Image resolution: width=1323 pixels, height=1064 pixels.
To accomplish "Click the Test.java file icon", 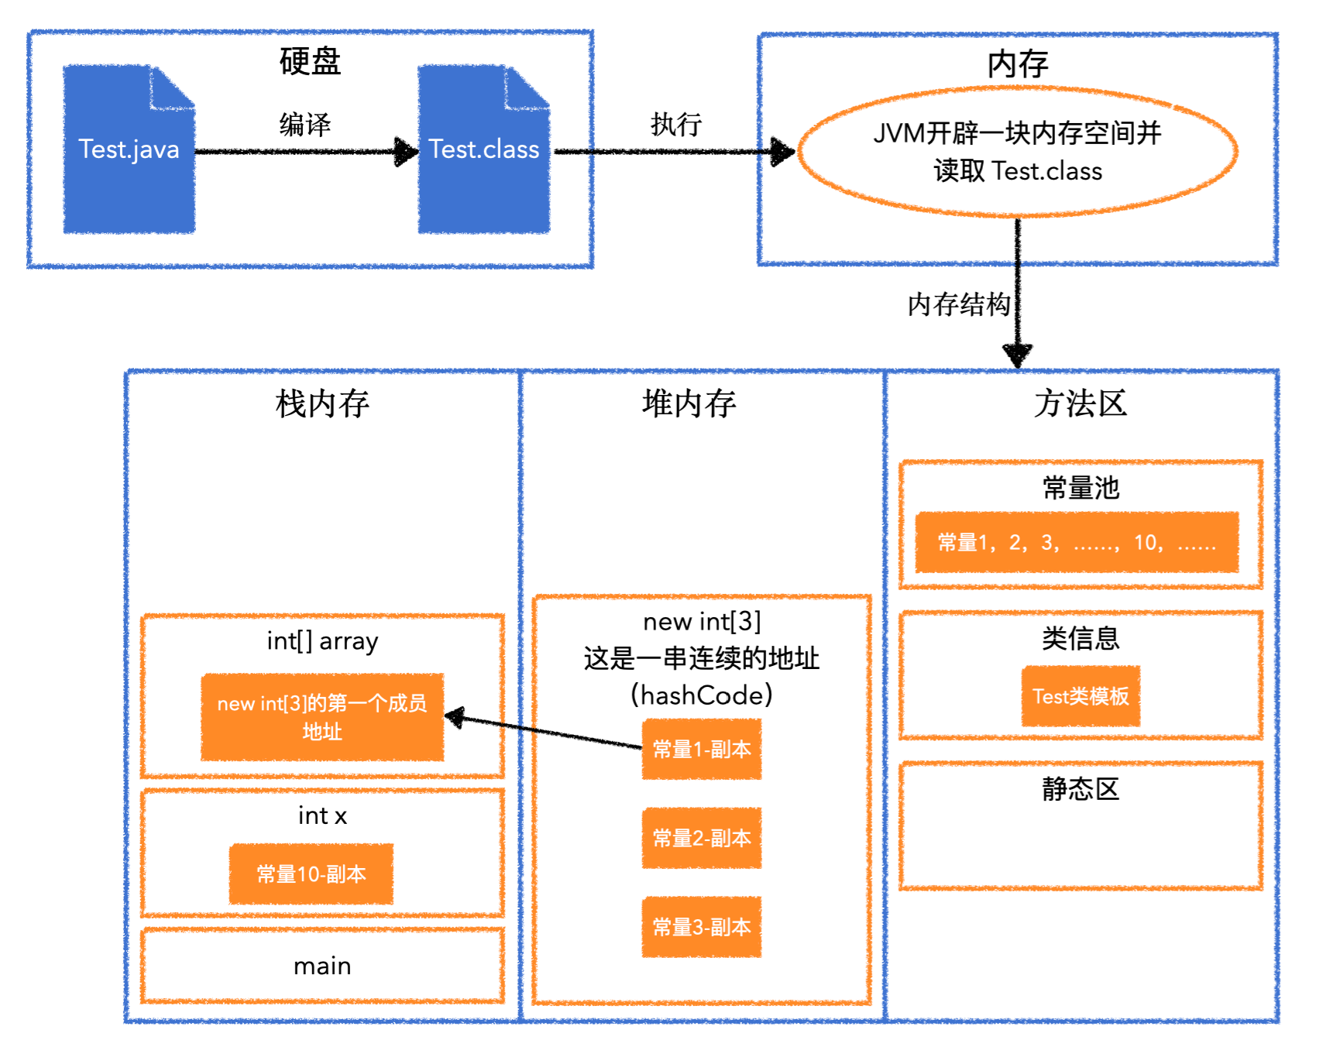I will pyautogui.click(x=129, y=150).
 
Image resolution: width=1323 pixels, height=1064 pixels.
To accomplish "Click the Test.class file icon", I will pyautogui.click(x=483, y=150).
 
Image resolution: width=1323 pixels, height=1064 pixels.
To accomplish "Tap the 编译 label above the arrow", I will pyautogui.click(x=305, y=124).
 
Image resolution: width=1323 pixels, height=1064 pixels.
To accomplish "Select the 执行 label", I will pyautogui.click(x=675, y=124).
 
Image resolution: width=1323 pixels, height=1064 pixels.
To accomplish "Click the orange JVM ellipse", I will pyautogui.click(x=1017, y=152).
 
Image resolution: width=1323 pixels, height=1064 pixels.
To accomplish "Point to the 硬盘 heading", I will pyautogui.click(x=310, y=61).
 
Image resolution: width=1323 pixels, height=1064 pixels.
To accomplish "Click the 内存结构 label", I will pyautogui.click(x=958, y=304).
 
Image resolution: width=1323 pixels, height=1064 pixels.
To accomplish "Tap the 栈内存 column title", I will pyautogui.click(x=322, y=403).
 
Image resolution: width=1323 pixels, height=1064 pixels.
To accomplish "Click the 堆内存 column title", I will pyautogui.click(x=689, y=403).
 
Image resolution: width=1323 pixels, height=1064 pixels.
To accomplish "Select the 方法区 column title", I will pyautogui.click(x=1080, y=403).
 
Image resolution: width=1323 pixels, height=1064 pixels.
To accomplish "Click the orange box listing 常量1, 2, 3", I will pyautogui.click(x=1076, y=542).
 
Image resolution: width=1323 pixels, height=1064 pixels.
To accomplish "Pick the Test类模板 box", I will pyautogui.click(x=1080, y=696).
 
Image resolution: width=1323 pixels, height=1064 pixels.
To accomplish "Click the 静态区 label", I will pyautogui.click(x=1080, y=789).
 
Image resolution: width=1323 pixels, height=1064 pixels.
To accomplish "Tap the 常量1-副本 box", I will pyautogui.click(x=701, y=749).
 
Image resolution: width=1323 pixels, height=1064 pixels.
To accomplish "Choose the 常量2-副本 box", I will pyautogui.click(x=701, y=838).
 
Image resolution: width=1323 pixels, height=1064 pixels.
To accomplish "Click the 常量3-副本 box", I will pyautogui.click(x=701, y=927).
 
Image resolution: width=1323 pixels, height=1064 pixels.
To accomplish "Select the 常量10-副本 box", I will pyautogui.click(x=311, y=874).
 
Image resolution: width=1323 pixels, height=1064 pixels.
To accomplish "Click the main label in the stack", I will pyautogui.click(x=322, y=966).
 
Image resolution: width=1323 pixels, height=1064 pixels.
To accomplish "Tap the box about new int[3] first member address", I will pyautogui.click(x=322, y=717).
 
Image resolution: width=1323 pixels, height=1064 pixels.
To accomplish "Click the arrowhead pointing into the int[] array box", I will pyautogui.click(x=455, y=717).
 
